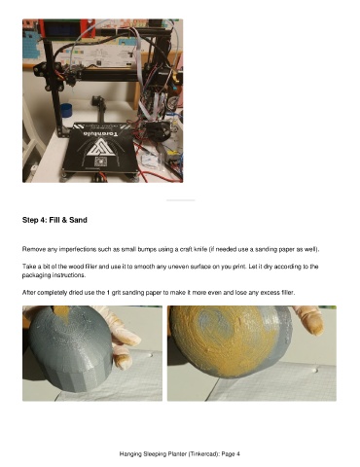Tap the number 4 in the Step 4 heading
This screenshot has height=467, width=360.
pyautogui.click(x=43, y=220)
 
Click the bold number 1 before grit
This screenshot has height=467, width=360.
pyautogui.click(x=108, y=293)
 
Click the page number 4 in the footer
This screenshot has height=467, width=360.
pyautogui.click(x=238, y=454)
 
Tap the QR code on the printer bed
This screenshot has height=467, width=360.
pyautogui.click(x=100, y=162)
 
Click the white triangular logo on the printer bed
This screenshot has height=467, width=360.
pyautogui.click(x=98, y=147)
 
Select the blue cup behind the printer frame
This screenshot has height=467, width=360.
pyautogui.click(x=66, y=111)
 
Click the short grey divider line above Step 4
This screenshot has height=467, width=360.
pyautogui.click(x=181, y=200)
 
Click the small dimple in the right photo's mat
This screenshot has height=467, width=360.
pyautogui.click(x=316, y=370)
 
